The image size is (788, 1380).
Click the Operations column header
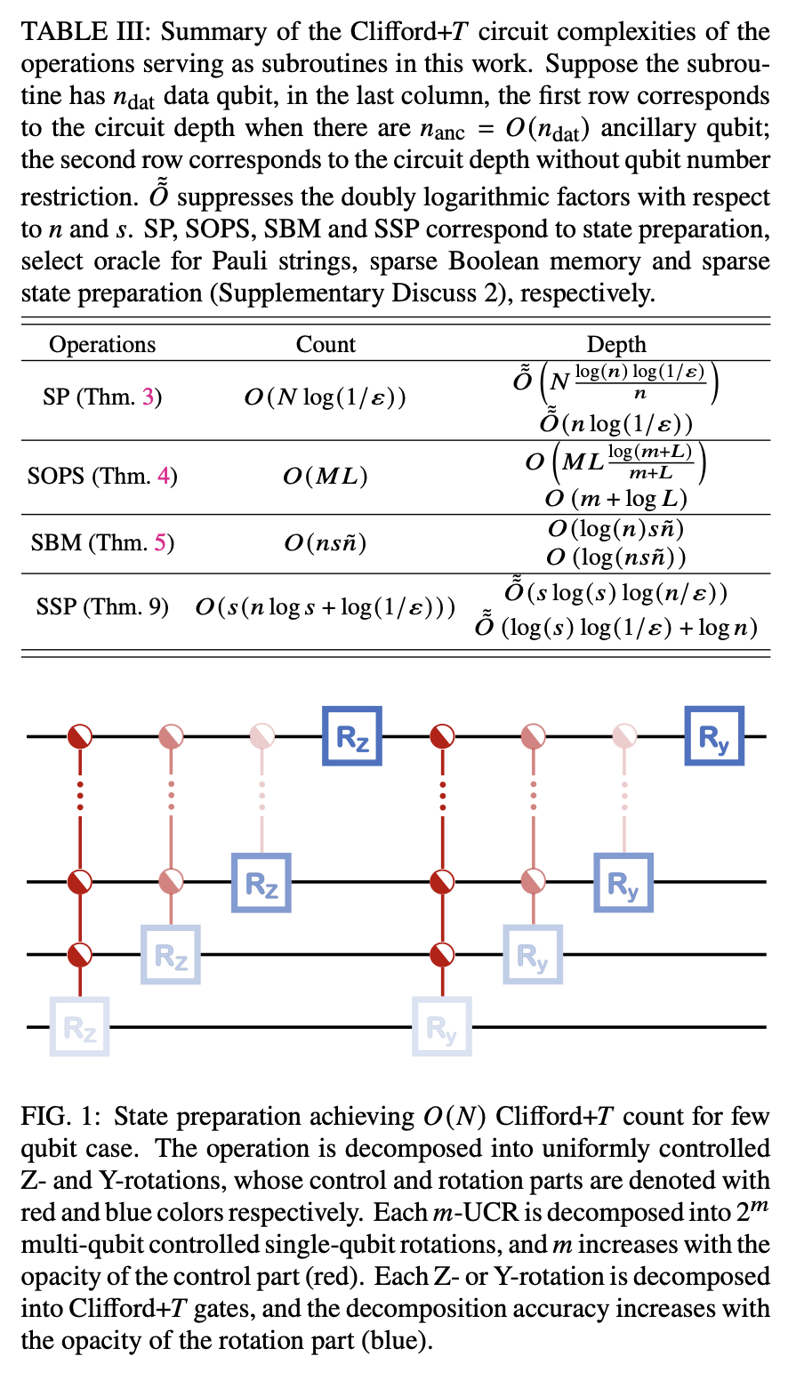tap(102, 345)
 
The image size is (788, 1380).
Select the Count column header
tap(326, 345)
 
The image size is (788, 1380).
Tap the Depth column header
tap(616, 345)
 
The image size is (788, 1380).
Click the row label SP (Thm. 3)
tap(102, 397)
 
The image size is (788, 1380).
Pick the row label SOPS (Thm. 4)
tap(102, 477)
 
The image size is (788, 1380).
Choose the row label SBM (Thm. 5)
tap(102, 542)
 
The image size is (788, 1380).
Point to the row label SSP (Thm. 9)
tap(102, 608)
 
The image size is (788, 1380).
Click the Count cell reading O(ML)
tap(326, 477)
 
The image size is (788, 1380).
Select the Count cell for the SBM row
tap(326, 542)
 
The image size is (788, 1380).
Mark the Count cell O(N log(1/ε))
tap(326, 397)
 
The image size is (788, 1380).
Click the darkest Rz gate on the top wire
tap(351, 736)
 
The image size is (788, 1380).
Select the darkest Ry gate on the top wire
tap(713, 736)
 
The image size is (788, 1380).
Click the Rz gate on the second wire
tap(261, 882)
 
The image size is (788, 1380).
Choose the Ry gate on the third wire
tap(533, 954)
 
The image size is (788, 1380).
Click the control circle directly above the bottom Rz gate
tap(81, 954)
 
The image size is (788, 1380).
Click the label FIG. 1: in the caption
tap(60, 1117)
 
